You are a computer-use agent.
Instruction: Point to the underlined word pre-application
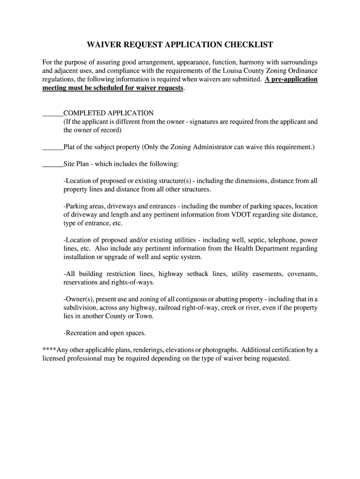[x=295, y=79]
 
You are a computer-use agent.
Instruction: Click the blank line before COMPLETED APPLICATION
[x=52, y=114]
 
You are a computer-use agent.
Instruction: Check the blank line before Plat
[x=52, y=147]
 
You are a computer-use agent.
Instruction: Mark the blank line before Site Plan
[x=52, y=164]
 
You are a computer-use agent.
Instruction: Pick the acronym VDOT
[x=243, y=215]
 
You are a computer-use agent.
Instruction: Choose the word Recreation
[x=80, y=333]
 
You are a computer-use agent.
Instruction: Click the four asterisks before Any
[x=50, y=350]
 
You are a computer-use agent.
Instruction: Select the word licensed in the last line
[x=54, y=359]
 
